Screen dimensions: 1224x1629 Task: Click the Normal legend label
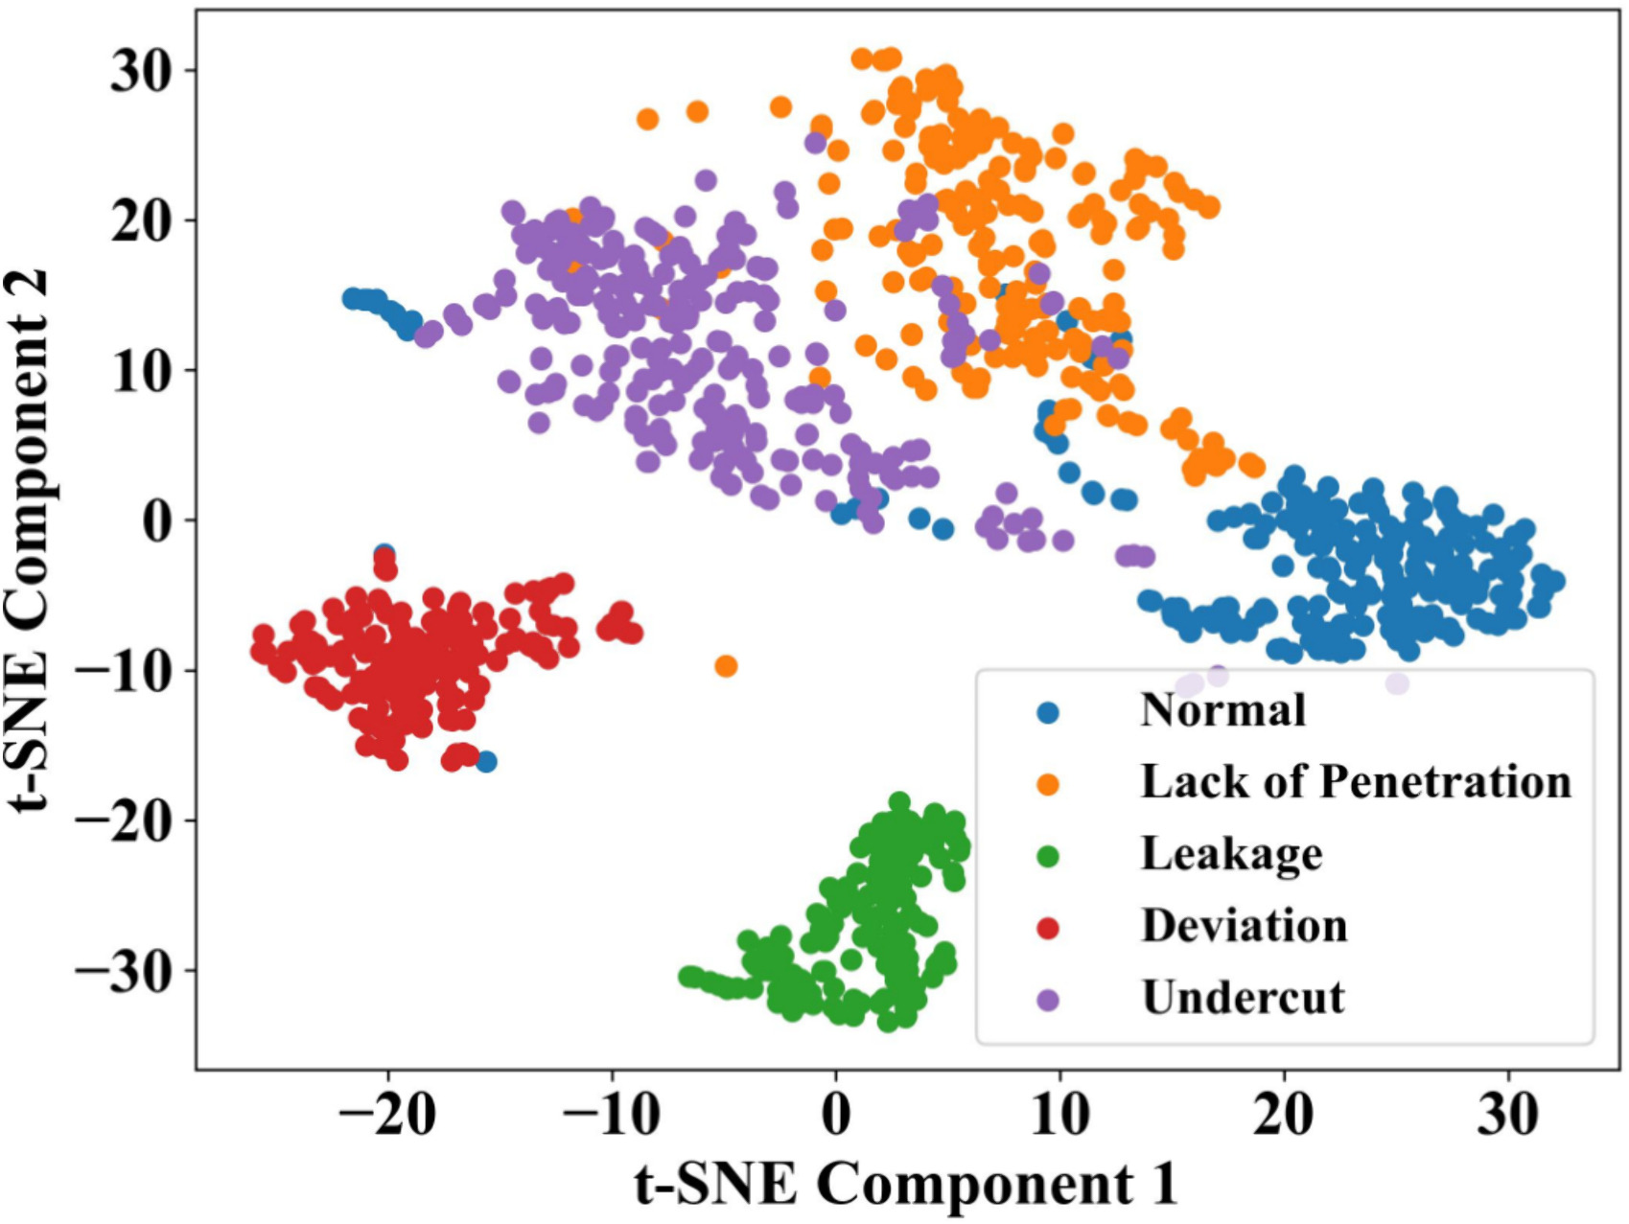[x=1222, y=711]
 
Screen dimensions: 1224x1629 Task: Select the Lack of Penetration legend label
[x=1356, y=782]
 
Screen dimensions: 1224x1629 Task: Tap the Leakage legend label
[x=1231, y=854]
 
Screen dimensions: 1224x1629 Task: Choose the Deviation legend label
[x=1245, y=926]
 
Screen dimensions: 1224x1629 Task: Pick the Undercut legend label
[x=1244, y=998]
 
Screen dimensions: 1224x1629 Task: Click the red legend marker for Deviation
[x=1048, y=928]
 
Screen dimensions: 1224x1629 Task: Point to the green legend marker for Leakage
[x=1048, y=856]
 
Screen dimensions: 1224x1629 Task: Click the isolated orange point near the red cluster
[x=726, y=665]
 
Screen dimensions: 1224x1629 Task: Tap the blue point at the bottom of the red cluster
[x=486, y=762]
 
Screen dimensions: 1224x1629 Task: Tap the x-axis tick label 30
[x=1508, y=1115]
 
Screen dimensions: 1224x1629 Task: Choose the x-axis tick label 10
[x=1060, y=1115]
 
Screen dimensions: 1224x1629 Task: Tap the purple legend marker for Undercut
[x=1048, y=1000]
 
